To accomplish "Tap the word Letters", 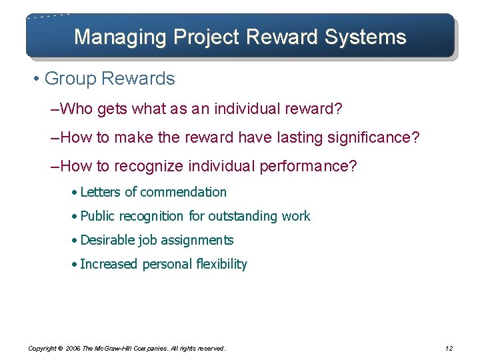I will click(101, 192).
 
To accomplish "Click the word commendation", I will click(184, 192).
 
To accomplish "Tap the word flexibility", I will click(221, 264).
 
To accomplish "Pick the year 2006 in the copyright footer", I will click(73, 348).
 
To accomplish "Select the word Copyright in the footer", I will click(42, 348).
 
